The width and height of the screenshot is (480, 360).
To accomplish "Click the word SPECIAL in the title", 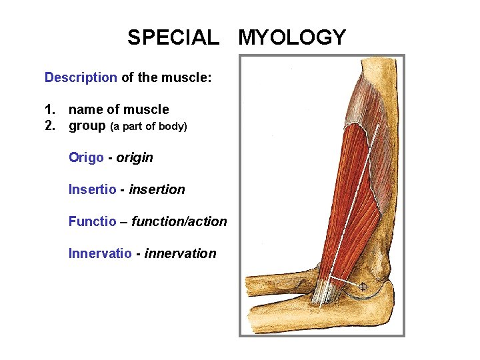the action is click(173, 37).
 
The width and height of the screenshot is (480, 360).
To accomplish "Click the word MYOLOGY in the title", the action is click(292, 37).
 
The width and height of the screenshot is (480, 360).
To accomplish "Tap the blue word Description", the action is click(81, 77).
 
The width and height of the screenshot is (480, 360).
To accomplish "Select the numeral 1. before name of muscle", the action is click(50, 109).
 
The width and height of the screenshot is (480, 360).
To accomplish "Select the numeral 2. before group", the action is click(50, 125).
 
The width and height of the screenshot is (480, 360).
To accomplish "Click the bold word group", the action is click(87, 125).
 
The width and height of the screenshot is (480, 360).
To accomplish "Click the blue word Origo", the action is click(86, 157).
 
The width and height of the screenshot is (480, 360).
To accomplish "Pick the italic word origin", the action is click(135, 157).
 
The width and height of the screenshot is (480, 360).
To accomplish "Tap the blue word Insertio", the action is click(93, 189).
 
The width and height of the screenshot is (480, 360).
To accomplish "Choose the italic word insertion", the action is click(157, 189).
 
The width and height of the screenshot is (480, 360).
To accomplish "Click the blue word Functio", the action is click(92, 221).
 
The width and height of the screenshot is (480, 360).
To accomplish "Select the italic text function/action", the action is click(179, 221).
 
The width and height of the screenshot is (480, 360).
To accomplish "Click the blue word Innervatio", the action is click(100, 253).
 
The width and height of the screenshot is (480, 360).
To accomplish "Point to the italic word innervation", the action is click(180, 253).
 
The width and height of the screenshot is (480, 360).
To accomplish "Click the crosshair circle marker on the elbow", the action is click(363, 287).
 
